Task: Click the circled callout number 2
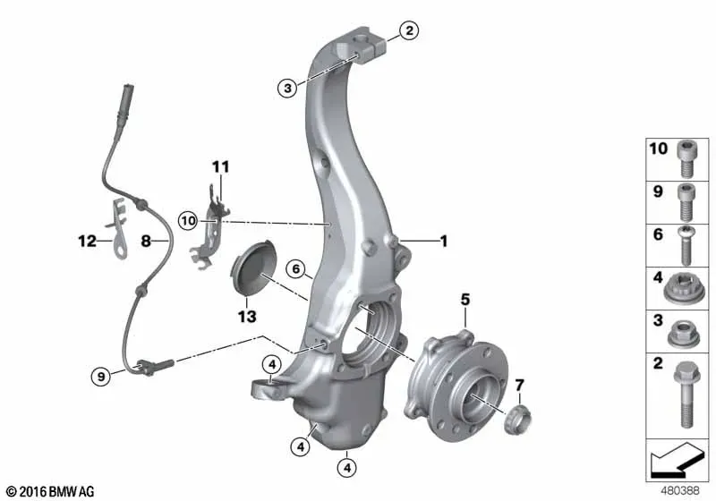coord(409,30)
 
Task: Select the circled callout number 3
coord(287,88)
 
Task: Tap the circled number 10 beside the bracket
coord(188,221)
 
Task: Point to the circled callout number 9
coord(101,377)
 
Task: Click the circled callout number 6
coord(296,269)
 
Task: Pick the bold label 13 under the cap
coord(247,316)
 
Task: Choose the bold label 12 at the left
coord(87,241)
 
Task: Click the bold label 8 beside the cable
coord(146,241)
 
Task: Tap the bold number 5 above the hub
coord(465,300)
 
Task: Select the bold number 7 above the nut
coord(520,386)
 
